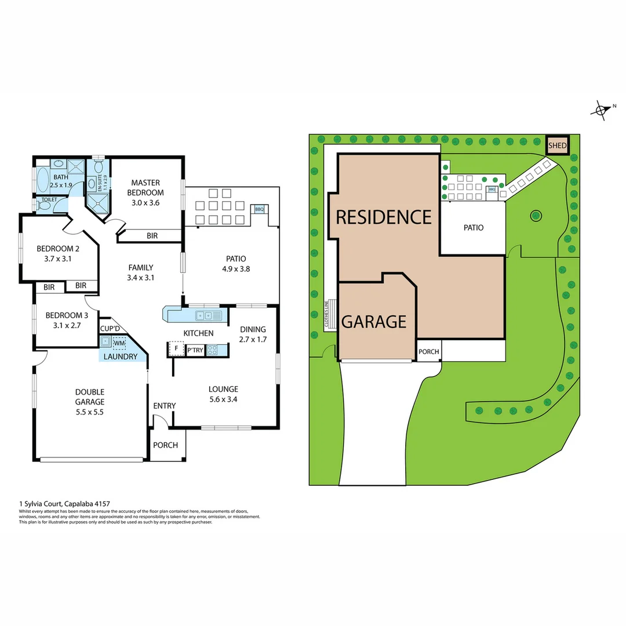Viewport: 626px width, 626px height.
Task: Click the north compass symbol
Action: tap(602, 110)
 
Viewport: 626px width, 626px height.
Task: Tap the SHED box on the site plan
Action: tap(557, 146)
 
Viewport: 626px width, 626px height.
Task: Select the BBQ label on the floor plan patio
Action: tap(259, 209)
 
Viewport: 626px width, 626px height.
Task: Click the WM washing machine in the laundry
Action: tap(119, 344)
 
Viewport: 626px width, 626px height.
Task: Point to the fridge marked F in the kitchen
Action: tap(175, 349)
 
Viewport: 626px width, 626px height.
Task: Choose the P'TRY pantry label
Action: tap(194, 350)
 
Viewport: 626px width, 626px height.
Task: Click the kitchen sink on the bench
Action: tap(208, 315)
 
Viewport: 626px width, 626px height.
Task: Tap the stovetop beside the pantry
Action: tap(213, 350)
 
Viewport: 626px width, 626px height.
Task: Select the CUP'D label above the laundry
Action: tap(110, 329)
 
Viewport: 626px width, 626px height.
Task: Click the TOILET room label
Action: tap(49, 199)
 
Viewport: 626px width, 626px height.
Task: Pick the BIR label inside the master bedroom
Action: tap(152, 235)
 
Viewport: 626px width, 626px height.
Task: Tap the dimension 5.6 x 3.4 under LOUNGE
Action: tap(223, 399)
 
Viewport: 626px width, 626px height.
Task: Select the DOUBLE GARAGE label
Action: tap(89, 396)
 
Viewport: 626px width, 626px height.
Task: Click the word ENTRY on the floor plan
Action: tap(164, 406)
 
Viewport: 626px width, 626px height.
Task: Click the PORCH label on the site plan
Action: tap(429, 352)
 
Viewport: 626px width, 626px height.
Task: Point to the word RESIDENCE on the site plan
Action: tap(384, 217)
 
